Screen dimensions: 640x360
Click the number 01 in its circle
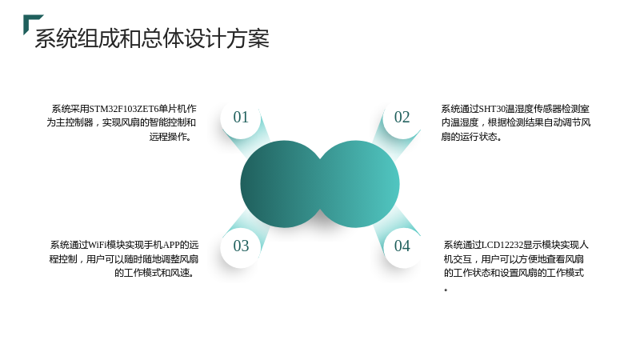pyautogui.click(x=241, y=117)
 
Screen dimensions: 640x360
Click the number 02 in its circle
pyautogui.click(x=402, y=117)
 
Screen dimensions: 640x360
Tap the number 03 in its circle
pyautogui.click(x=241, y=246)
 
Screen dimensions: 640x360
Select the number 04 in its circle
pyautogui.click(x=402, y=246)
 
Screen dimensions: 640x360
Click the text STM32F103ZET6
pyautogui.click(x=124, y=109)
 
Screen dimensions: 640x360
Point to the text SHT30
pyautogui.click(x=492, y=109)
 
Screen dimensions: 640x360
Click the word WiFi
pyautogui.click(x=97, y=245)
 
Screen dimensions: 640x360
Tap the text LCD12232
pyautogui.click(x=502, y=245)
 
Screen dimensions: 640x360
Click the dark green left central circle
pyautogui.click(x=282, y=184)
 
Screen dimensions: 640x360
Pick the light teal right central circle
pyautogui.click(x=359, y=184)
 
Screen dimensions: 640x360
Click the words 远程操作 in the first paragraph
pyautogui.click(x=168, y=136)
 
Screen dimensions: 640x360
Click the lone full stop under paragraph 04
pyautogui.click(x=446, y=290)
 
